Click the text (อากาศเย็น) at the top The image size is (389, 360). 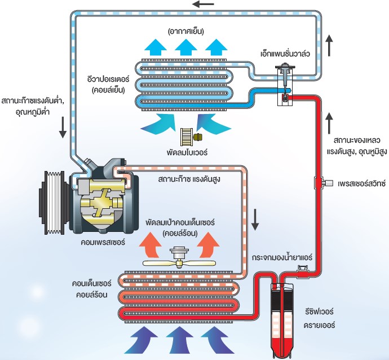click(185, 29)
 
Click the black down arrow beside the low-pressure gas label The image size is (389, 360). click(63, 130)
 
